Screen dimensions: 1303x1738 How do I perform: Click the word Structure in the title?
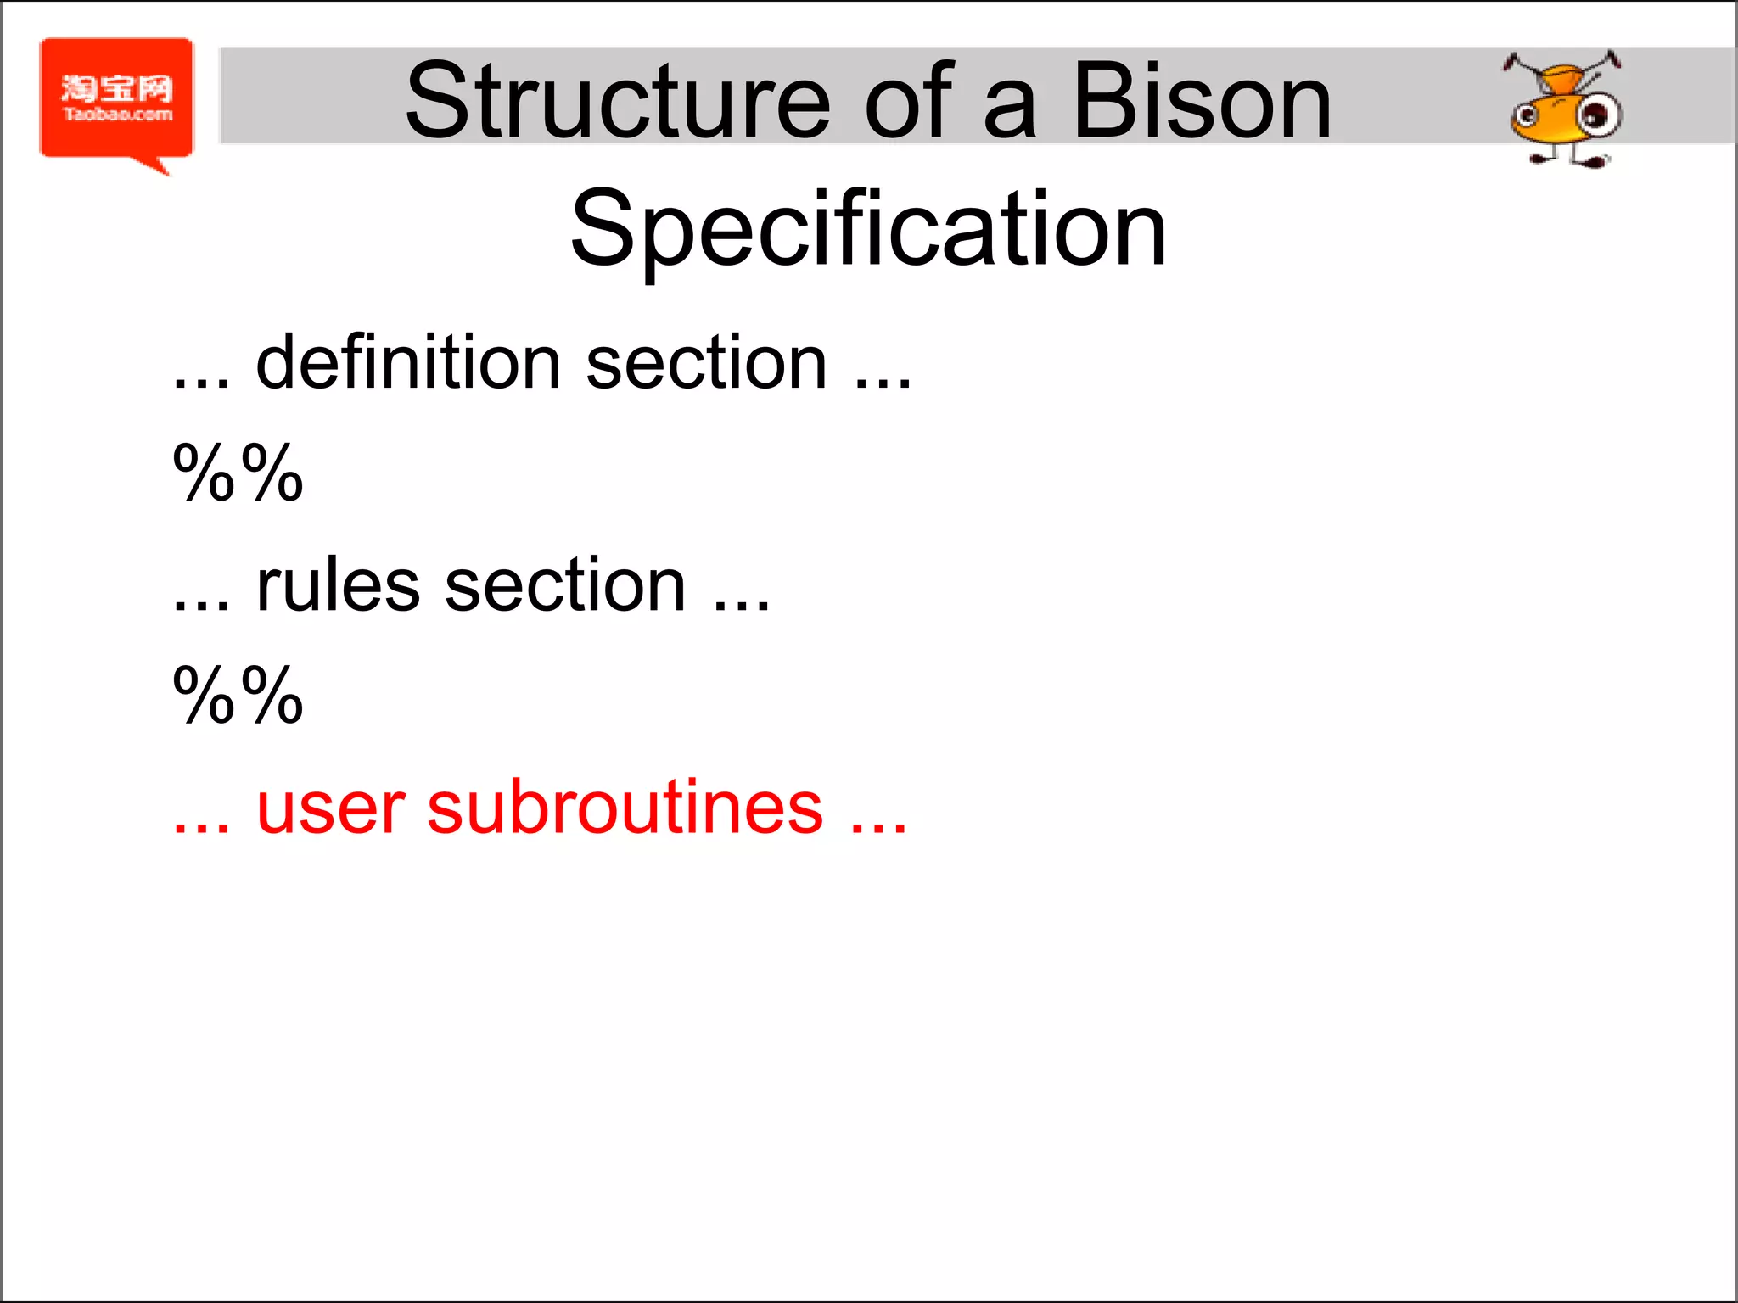pyautogui.click(x=617, y=102)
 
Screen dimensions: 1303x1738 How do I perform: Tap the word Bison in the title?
pyautogui.click(x=1202, y=102)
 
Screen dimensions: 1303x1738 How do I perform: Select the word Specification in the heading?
pyautogui.click(x=868, y=229)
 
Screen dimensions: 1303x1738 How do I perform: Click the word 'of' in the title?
pyautogui.click(x=907, y=102)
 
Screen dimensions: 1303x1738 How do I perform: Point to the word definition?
pyautogui.click(x=407, y=363)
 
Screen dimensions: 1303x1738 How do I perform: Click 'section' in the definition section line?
pyautogui.click(x=706, y=363)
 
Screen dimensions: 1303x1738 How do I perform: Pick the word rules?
pyautogui.click(x=338, y=585)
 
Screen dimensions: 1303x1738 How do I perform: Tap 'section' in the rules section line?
pyautogui.click(x=565, y=585)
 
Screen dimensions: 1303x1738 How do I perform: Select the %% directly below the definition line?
pyautogui.click(x=238, y=473)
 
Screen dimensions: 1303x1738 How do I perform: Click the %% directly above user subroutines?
pyautogui.click(x=238, y=695)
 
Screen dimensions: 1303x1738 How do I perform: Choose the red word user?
pyautogui.click(x=329, y=808)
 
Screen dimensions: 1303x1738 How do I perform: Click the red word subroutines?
pyautogui.click(x=625, y=808)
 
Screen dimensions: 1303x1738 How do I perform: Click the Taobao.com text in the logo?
pyautogui.click(x=118, y=115)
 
